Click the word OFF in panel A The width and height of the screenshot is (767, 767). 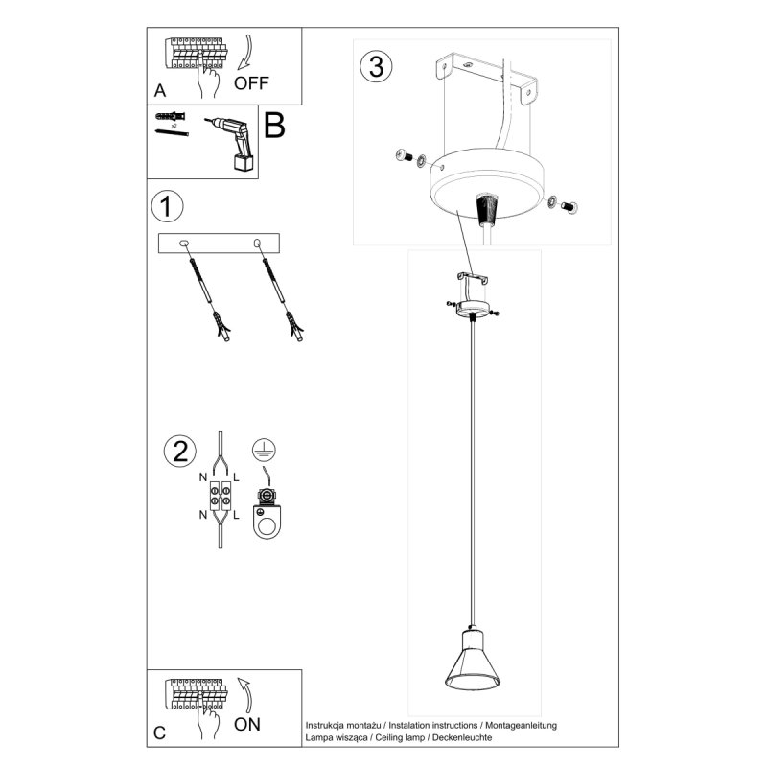251,81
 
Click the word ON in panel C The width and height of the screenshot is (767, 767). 246,724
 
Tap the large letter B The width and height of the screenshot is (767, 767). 275,125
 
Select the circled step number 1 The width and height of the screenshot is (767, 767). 168,206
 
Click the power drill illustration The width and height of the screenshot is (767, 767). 231,143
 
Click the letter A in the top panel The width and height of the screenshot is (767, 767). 159,91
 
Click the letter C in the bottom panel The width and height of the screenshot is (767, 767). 159,733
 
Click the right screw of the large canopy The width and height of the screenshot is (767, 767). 569,204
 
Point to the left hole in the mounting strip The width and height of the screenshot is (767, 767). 185,244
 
